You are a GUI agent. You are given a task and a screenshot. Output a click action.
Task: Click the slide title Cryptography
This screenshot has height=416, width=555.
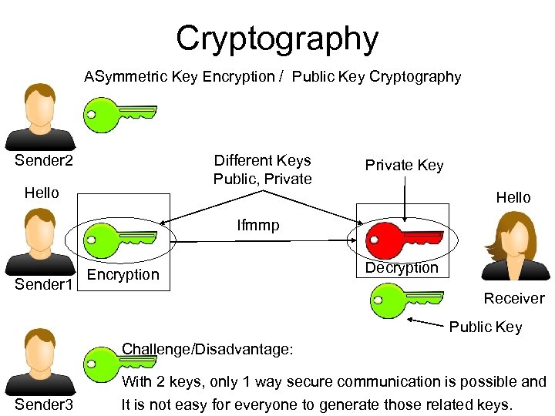(x=277, y=38)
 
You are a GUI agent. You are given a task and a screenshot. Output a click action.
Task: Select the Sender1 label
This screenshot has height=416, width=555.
(x=45, y=285)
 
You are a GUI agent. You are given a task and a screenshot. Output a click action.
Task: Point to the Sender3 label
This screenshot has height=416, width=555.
(x=44, y=404)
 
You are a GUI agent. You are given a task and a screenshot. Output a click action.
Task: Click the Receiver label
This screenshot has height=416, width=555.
(x=513, y=298)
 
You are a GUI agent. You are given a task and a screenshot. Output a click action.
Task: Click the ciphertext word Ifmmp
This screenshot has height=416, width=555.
(x=258, y=226)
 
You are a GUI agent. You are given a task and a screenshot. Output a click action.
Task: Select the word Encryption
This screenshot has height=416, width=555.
(x=123, y=275)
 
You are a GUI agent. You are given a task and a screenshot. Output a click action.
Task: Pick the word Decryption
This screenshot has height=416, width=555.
(x=402, y=268)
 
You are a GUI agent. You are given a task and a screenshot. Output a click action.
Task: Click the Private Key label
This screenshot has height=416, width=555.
(x=404, y=166)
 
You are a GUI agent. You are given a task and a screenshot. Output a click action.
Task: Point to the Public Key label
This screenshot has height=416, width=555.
(x=486, y=327)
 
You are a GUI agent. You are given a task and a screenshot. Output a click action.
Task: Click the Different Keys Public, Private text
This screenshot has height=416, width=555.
(x=262, y=169)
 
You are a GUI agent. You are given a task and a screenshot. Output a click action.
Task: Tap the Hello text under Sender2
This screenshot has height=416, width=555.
(x=42, y=193)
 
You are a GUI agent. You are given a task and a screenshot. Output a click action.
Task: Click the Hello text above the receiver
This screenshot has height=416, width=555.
(x=513, y=197)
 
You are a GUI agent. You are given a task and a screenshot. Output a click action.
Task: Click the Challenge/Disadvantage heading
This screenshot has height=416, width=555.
(x=207, y=350)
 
